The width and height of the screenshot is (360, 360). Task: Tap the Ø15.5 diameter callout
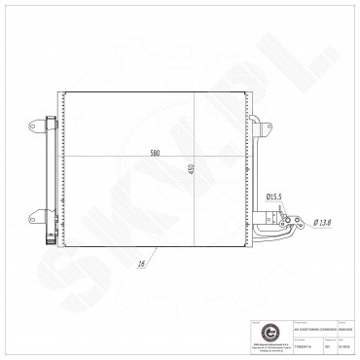274,197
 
